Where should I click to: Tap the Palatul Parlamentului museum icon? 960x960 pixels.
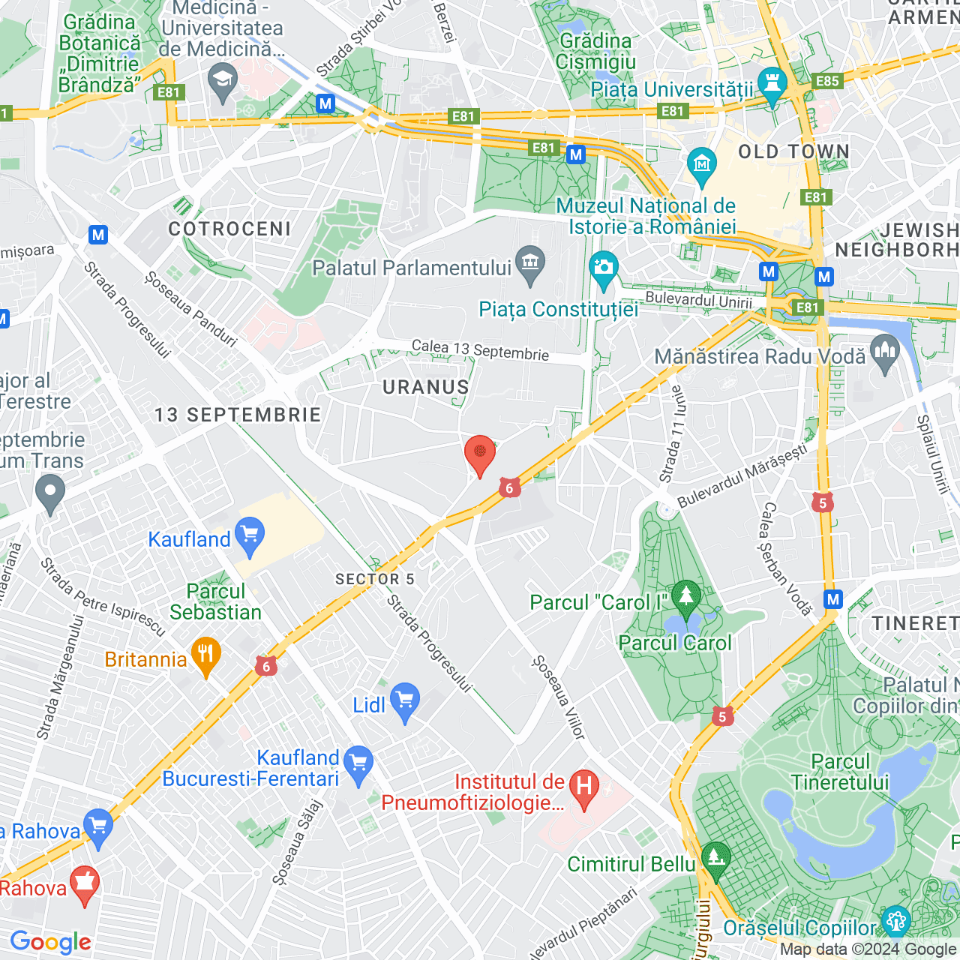531,264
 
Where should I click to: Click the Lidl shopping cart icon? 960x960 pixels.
405,701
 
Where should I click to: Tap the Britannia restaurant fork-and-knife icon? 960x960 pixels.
205,655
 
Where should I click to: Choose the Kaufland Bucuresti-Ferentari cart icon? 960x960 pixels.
358,764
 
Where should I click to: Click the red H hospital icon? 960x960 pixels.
584,788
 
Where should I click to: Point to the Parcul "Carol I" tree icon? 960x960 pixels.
685,597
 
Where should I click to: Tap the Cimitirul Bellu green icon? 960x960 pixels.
715,859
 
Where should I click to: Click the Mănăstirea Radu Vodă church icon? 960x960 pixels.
885,353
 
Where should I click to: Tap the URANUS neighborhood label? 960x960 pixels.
425,387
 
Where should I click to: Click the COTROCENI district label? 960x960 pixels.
229,229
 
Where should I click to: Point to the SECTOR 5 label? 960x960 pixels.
374,579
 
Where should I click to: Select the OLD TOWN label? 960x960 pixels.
793,152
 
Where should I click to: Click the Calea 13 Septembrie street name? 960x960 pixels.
480,350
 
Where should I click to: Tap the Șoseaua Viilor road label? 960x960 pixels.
558,697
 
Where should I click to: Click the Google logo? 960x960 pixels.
51,942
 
